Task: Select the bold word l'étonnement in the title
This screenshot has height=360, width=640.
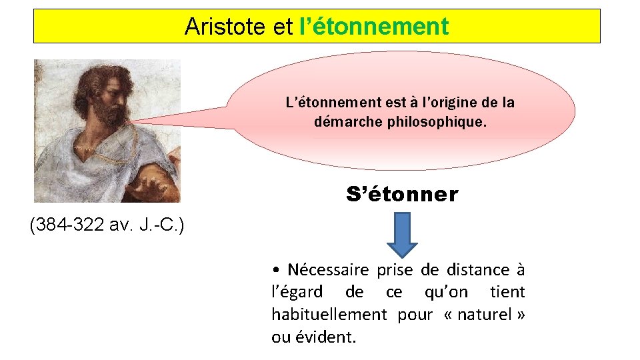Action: [x=374, y=27]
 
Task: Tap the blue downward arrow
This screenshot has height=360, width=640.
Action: [x=403, y=234]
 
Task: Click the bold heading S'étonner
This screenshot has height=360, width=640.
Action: [x=402, y=195]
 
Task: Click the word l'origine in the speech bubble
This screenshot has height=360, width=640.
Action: [x=446, y=103]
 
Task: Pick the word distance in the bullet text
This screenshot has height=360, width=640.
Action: [x=478, y=270]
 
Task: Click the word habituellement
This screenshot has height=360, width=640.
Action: [x=329, y=314]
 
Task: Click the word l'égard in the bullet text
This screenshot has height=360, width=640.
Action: [x=297, y=292]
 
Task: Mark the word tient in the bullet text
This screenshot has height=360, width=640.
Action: [x=507, y=292]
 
